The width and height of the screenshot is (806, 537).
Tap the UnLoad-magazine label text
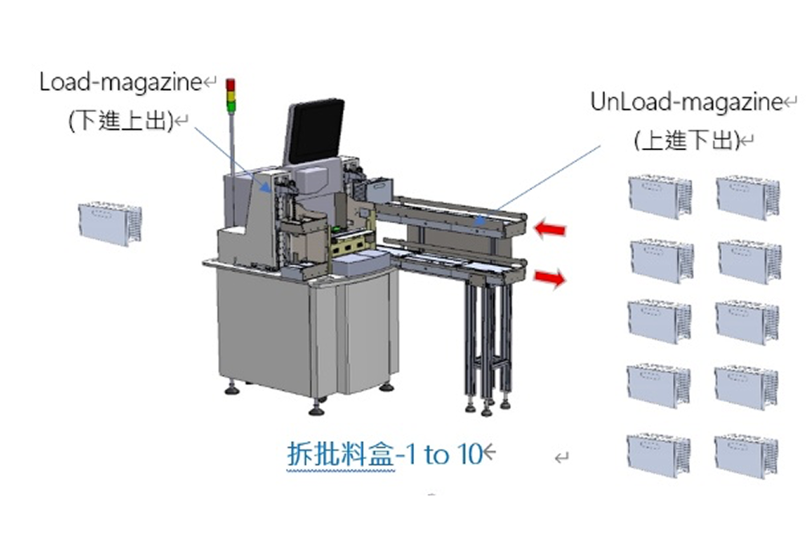click(686, 103)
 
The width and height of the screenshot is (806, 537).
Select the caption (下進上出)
click(120, 121)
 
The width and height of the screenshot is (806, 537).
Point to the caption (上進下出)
click(686, 141)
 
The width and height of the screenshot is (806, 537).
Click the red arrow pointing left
click(550, 227)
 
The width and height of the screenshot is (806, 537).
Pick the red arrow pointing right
click(550, 277)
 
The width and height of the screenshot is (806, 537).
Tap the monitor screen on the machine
click(315, 131)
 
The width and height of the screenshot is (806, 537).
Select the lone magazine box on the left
click(109, 224)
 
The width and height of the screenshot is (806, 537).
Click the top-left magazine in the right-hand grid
click(659, 196)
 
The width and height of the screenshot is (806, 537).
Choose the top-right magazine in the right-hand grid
click(747, 197)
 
